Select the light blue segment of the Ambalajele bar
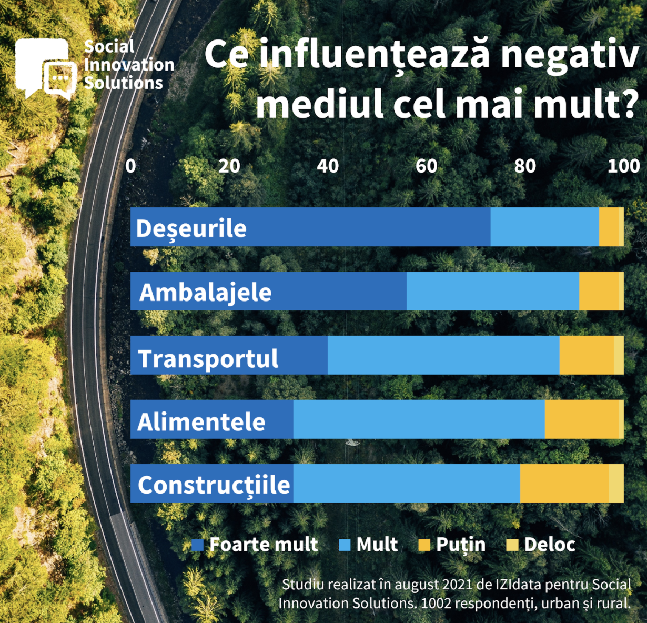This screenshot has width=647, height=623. pyautogui.click(x=492, y=291)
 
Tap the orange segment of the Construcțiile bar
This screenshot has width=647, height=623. pyautogui.click(x=564, y=484)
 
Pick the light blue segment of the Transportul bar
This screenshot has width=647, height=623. pyautogui.click(x=443, y=355)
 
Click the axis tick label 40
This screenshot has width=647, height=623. pyautogui.click(x=328, y=166)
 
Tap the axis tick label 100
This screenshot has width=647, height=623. pyautogui.click(x=623, y=166)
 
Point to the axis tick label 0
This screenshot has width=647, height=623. pyautogui.click(x=130, y=166)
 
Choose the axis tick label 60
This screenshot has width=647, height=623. pyautogui.click(x=426, y=166)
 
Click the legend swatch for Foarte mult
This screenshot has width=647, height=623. pyautogui.click(x=198, y=545)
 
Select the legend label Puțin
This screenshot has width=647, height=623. pyautogui.click(x=460, y=545)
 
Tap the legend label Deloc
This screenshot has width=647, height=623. pyautogui.click(x=550, y=545)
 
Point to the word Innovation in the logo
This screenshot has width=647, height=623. pyautogui.click(x=129, y=65)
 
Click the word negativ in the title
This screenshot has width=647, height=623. pyautogui.click(x=569, y=55)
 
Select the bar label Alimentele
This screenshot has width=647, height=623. pyautogui.click(x=201, y=421)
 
